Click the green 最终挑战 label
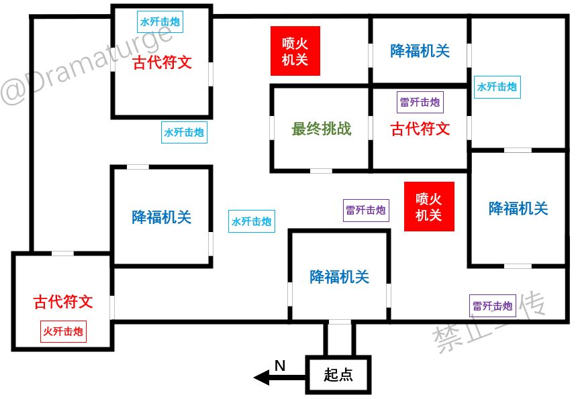pyautogui.click(x=322, y=129)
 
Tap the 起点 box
pyautogui.click(x=338, y=374)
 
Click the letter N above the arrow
pyautogui.click(x=280, y=365)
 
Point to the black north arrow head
pyautogui.click(x=262, y=378)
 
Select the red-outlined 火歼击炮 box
pyautogui.click(x=63, y=331)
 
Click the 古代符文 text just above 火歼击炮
pyautogui.click(x=63, y=302)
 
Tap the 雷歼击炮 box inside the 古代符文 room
pyautogui.click(x=420, y=102)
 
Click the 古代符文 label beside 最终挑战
pyautogui.click(x=420, y=129)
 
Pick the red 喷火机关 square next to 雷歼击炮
pyautogui.click(x=429, y=207)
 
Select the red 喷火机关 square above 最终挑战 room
pyautogui.click(x=295, y=51)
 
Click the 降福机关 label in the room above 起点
pyautogui.click(x=340, y=277)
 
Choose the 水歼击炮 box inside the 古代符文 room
pyautogui.click(x=160, y=21)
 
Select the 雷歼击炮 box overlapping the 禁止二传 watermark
pyautogui.click(x=493, y=306)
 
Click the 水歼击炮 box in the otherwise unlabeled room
pyautogui.click(x=497, y=87)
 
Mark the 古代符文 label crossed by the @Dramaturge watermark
pyautogui.click(x=162, y=62)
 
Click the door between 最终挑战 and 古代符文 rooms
pyautogui.click(x=371, y=128)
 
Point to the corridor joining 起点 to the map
pyautogui.click(x=340, y=339)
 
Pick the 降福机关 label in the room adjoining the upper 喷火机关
pyautogui.click(x=420, y=51)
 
